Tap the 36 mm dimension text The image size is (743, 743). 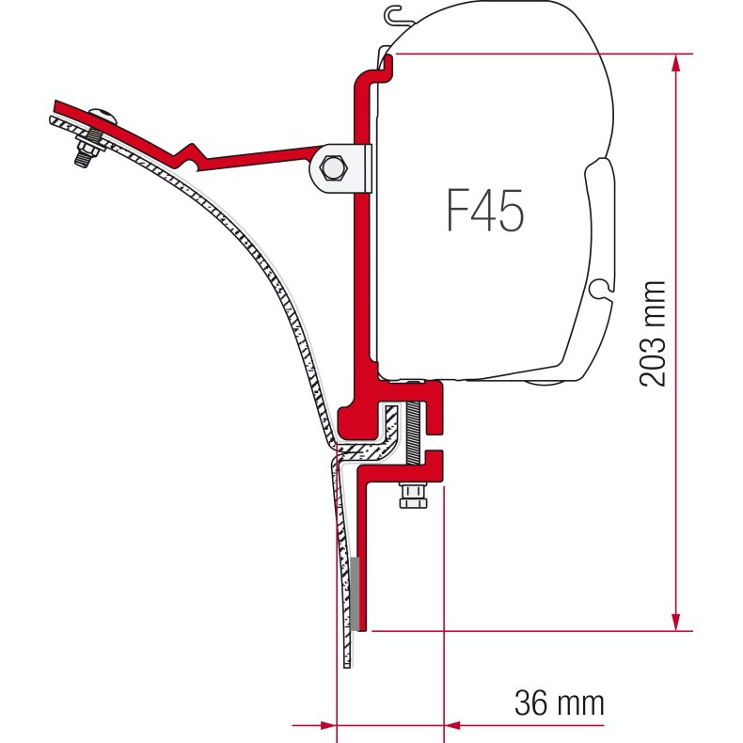[559, 702]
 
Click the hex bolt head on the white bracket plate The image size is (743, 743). [333, 169]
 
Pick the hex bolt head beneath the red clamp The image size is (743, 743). [411, 495]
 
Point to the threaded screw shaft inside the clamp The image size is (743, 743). [411, 433]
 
